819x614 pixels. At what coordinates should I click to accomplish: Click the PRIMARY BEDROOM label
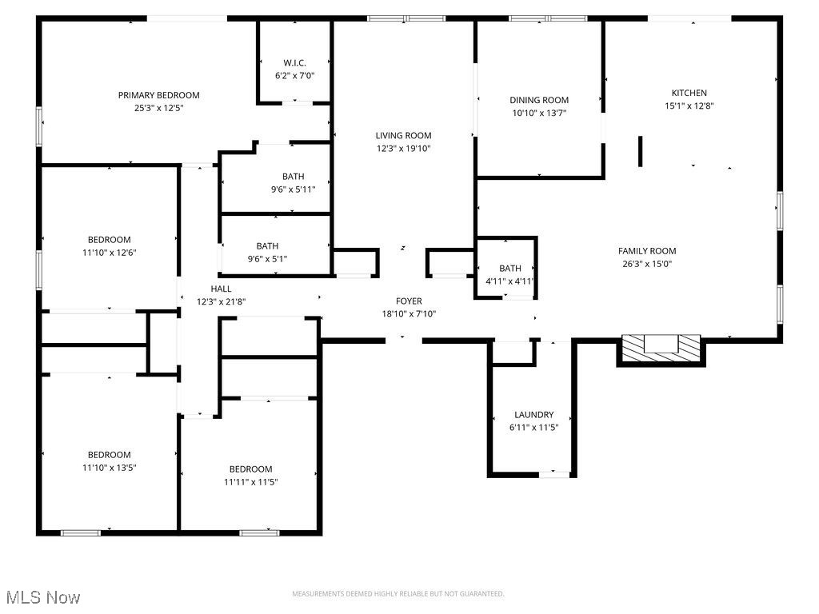[x=158, y=95]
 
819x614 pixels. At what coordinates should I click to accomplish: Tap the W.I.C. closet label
[x=294, y=63]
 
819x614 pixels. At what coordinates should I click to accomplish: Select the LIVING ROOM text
[x=404, y=136]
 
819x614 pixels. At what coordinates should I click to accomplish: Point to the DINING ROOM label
[x=539, y=100]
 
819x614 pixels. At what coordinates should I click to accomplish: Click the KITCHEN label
[x=689, y=93]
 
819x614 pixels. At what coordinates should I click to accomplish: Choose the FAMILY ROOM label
[x=647, y=251]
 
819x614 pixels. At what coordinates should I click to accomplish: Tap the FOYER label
[x=409, y=301]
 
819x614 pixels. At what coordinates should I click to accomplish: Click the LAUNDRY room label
[x=533, y=415]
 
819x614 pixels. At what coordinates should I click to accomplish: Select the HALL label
[x=221, y=289]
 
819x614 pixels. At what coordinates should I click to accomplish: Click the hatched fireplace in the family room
[x=661, y=345]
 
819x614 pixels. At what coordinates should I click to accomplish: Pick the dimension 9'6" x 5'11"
[x=293, y=189]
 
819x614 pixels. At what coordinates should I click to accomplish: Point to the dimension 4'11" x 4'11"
[x=509, y=281]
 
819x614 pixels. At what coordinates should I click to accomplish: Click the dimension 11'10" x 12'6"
[x=109, y=253]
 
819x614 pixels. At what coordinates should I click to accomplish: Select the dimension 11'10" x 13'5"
[x=109, y=468]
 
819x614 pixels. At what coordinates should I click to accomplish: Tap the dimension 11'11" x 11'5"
[x=250, y=482]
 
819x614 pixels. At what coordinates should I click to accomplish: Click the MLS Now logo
[x=42, y=597]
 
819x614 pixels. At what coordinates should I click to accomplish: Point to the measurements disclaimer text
[x=398, y=594]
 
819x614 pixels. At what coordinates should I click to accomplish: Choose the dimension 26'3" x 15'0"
[x=647, y=264]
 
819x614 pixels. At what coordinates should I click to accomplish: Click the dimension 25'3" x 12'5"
[x=158, y=108]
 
